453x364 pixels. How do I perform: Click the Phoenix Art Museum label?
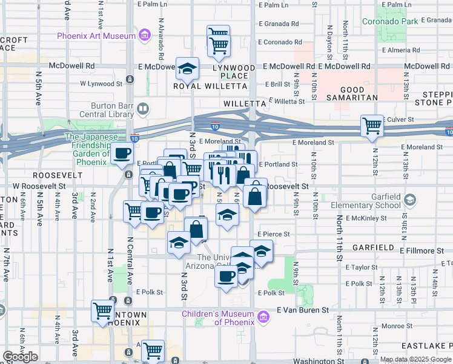point(96,36)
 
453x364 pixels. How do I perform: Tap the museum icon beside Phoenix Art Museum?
point(145,36)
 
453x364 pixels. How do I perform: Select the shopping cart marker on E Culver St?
point(372,126)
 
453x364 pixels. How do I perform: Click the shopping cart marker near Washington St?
point(153,350)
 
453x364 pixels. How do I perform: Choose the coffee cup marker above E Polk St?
point(227,276)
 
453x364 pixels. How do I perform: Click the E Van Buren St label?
point(302,309)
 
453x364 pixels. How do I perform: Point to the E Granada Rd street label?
point(279,24)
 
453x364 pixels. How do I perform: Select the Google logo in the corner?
point(20,357)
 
